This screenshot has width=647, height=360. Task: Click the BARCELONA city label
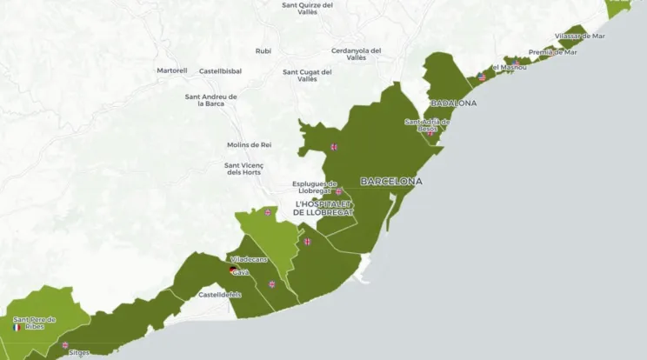[390, 182]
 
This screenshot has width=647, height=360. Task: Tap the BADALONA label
[454, 103]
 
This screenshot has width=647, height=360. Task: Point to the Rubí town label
[263, 50]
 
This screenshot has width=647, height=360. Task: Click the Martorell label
[171, 70]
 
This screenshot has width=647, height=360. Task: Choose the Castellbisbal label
[220, 70]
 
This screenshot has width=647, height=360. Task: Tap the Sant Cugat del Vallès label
[307, 75]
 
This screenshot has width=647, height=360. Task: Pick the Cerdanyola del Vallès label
[357, 54]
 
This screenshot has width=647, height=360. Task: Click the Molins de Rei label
[249, 144]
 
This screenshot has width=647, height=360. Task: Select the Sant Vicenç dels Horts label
[244, 169]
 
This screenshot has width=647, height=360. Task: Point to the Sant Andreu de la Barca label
[211, 100]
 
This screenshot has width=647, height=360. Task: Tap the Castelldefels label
[219, 295]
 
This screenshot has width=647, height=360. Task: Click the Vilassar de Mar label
[579, 36]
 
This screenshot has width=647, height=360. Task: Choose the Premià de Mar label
[552, 51]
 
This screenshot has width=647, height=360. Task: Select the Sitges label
[78, 353]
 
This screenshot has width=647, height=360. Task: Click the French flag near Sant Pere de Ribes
[17, 328]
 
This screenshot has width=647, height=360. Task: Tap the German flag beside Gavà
[232, 271]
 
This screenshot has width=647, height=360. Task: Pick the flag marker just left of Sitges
[64, 345]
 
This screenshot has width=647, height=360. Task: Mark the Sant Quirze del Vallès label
[308, 8]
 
